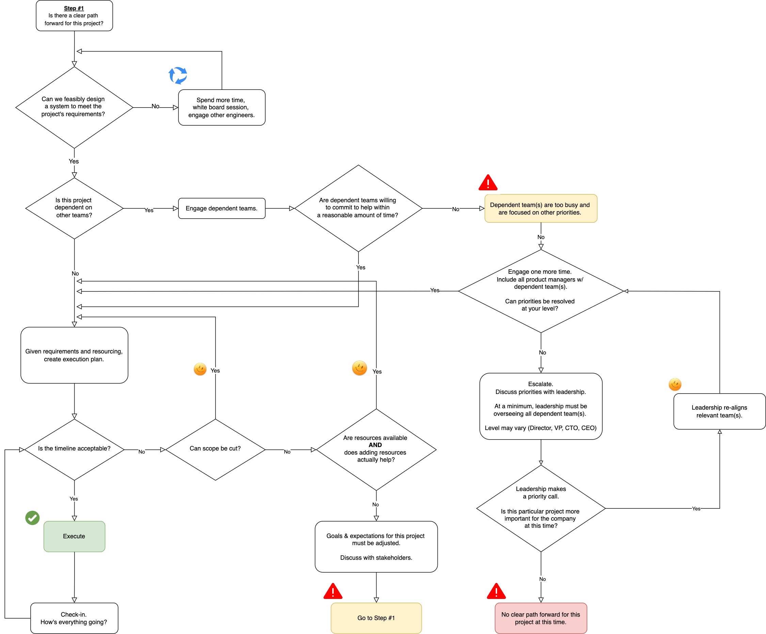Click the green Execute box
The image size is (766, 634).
pyautogui.click(x=74, y=536)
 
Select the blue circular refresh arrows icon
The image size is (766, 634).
pyautogui.click(x=178, y=76)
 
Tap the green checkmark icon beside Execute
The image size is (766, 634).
pyautogui.click(x=32, y=517)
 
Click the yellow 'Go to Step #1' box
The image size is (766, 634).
pyautogui.click(x=376, y=618)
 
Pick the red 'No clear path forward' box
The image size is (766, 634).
pyautogui.click(x=541, y=618)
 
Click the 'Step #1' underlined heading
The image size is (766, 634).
pyautogui.click(x=74, y=8)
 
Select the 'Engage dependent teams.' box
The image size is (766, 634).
pyautogui.click(x=221, y=208)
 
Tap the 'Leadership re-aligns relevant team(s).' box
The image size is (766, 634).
pyautogui.click(x=719, y=411)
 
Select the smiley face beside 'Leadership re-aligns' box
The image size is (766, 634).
pyautogui.click(x=675, y=384)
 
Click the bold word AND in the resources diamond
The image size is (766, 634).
pyautogui.click(x=375, y=445)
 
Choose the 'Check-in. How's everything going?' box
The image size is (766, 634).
pyautogui.click(x=74, y=618)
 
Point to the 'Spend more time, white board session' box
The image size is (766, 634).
pyautogui.click(x=221, y=107)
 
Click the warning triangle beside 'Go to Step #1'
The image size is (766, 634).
pyautogui.click(x=333, y=591)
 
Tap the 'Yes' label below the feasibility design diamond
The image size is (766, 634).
pyautogui.click(x=74, y=161)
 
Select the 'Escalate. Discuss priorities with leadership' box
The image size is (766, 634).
pyautogui.click(x=541, y=406)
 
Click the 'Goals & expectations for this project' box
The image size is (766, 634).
pyautogui.click(x=376, y=546)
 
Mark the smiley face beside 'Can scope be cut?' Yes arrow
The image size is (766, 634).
pyautogui.click(x=200, y=369)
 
